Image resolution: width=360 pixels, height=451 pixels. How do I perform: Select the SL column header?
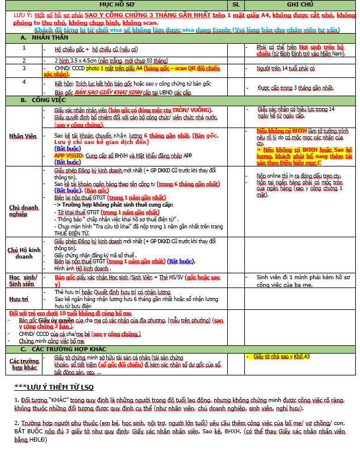click(235, 4)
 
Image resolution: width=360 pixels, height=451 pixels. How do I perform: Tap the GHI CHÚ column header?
click(298, 4)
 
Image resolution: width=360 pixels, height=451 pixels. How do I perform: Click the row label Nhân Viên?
click(23, 136)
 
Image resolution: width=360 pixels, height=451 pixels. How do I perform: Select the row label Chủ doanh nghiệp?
click(23, 211)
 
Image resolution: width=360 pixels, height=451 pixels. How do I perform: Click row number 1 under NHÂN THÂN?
click(24, 47)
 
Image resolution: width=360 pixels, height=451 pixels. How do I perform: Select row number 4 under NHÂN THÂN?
click(24, 81)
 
